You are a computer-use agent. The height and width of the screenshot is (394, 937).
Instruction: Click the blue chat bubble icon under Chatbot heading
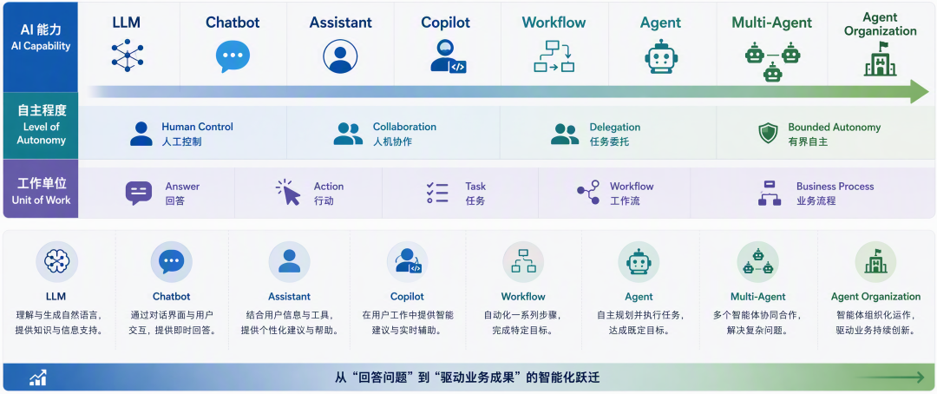pos(233,56)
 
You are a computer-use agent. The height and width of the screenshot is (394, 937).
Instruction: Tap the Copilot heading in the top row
pos(445,23)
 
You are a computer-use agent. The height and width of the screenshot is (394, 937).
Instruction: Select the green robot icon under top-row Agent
pos(660,56)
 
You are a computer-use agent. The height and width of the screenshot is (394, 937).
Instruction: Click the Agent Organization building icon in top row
pos(881,59)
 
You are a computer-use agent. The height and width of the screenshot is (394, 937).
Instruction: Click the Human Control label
pos(197,127)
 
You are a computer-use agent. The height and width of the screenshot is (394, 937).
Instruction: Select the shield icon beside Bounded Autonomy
pos(768,134)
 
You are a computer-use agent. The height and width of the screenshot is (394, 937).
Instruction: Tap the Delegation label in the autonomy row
pos(615,127)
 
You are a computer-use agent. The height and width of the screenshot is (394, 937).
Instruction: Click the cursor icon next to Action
pos(288,193)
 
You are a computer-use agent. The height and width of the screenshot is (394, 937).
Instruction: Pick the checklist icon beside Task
pos(437,194)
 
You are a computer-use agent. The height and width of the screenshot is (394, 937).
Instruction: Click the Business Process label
pos(835,187)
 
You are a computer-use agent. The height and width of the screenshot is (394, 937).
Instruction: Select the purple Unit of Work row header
pos(41,189)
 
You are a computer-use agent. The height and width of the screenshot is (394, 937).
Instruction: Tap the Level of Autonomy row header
pos(41,126)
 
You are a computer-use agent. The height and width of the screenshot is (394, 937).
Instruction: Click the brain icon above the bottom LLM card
pos(56,262)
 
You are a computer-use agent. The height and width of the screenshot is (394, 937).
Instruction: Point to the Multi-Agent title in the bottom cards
pos(757,297)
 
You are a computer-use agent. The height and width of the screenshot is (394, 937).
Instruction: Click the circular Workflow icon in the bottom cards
pos(523,262)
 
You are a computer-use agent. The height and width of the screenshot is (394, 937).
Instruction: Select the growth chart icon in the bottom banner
pos(37,378)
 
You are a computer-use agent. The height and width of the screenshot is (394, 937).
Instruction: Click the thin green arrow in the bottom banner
pos(889,378)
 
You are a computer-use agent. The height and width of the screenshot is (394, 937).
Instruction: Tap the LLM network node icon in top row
pos(128,56)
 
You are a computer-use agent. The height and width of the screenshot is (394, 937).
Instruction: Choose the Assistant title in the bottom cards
pos(289,297)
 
